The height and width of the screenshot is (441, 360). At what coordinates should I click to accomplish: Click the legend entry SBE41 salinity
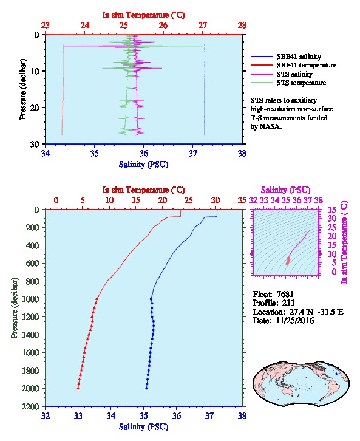tap(299, 56)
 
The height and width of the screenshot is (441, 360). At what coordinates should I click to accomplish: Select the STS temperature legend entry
tap(301, 83)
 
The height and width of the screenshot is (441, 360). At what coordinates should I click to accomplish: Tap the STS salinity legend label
tap(294, 74)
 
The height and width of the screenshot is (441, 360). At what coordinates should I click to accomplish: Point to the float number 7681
tap(285, 294)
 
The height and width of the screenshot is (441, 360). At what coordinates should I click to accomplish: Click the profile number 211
tap(288, 303)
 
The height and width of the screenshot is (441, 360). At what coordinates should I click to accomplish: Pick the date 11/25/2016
tap(294, 320)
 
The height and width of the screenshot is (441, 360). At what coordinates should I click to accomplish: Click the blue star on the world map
tap(336, 374)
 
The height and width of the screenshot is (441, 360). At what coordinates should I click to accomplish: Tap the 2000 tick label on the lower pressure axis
tap(31, 388)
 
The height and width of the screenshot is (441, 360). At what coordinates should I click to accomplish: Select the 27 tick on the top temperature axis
tap(203, 26)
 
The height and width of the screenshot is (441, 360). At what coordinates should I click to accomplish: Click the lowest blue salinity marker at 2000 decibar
tap(146, 388)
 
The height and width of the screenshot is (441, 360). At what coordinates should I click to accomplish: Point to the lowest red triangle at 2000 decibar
tap(78, 388)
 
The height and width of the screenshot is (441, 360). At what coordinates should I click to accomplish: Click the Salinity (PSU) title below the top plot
tap(143, 164)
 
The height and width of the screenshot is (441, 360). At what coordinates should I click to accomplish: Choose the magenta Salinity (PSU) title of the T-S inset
tap(285, 190)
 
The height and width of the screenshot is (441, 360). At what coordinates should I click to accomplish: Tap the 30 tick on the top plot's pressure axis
tap(35, 144)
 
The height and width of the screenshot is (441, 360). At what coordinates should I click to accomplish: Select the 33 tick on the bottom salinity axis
tap(78, 415)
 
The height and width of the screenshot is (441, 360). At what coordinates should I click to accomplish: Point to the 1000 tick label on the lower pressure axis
tap(31, 299)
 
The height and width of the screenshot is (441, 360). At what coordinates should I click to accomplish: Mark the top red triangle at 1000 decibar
tap(97, 299)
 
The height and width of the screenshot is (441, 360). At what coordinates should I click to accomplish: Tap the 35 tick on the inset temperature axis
tap(332, 210)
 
